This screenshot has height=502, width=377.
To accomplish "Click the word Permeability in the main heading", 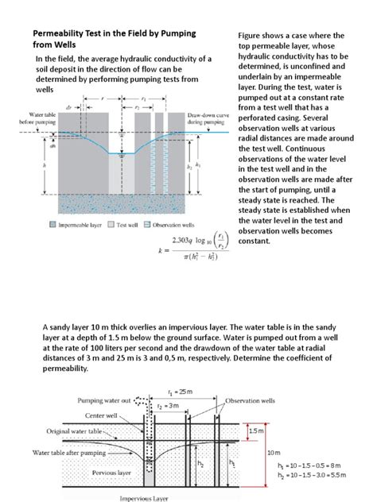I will point(63,34).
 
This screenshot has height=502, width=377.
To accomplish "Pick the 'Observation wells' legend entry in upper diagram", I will point(179,225).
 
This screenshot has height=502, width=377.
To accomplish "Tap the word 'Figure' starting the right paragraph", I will point(253,36).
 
